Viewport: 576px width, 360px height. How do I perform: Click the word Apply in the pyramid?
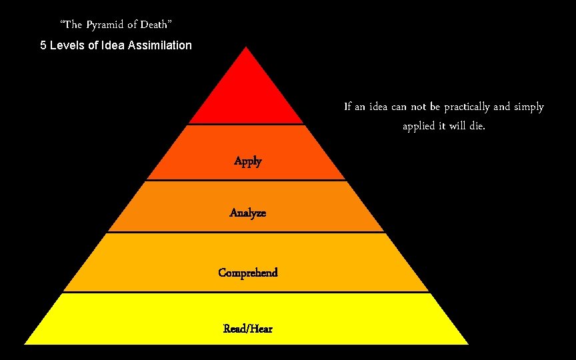(x=247, y=161)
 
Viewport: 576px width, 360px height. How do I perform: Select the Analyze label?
(x=247, y=213)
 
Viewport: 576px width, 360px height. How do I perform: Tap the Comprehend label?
(x=247, y=273)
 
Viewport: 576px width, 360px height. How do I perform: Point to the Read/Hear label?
(x=247, y=329)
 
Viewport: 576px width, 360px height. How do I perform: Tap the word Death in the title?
(x=157, y=25)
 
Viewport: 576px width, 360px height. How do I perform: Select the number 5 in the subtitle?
(x=43, y=46)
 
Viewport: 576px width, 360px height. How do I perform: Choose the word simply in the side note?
(x=528, y=107)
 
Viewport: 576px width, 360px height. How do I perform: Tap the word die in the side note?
(x=476, y=126)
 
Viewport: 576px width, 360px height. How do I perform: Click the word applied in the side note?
(x=420, y=126)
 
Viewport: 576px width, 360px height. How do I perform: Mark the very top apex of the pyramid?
(x=247, y=48)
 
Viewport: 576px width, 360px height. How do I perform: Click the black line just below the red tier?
(x=246, y=124)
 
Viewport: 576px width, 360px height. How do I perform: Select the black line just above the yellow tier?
(x=246, y=291)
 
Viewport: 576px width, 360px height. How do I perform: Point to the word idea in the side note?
(x=374, y=107)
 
